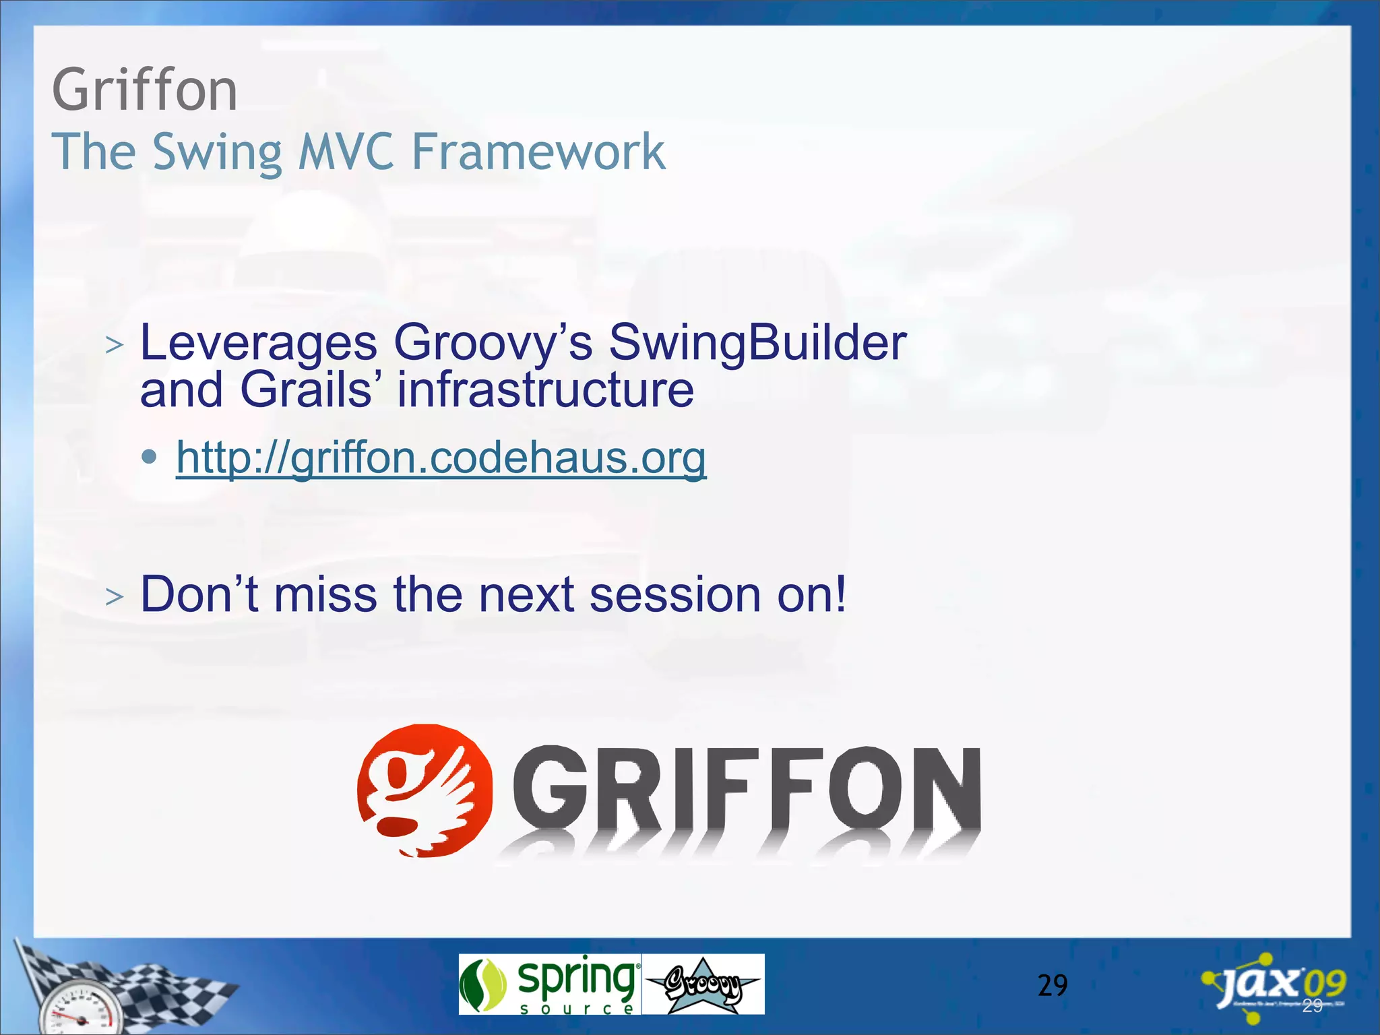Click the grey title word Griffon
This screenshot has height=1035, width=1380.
click(145, 90)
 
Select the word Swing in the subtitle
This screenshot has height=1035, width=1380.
click(217, 152)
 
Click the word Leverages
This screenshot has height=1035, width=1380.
click(258, 343)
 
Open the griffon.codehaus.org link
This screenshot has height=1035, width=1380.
click(441, 458)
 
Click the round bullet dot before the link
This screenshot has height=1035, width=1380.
click(150, 458)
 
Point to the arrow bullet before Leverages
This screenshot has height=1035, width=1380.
click(115, 345)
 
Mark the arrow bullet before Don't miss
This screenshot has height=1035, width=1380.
click(115, 596)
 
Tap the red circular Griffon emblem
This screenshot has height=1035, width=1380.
click(425, 790)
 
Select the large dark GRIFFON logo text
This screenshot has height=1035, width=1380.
click(747, 788)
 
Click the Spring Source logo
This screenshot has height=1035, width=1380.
click(549, 984)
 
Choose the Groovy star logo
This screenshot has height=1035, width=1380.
click(703, 984)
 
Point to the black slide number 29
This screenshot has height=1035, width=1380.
click(1053, 986)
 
